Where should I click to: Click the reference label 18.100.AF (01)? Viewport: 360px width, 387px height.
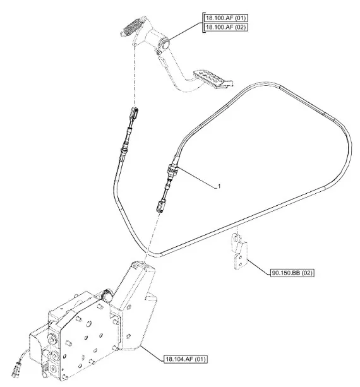[x=225, y=18]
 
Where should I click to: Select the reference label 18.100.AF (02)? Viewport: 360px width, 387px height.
[x=225, y=27]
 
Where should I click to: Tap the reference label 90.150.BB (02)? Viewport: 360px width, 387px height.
[x=292, y=273]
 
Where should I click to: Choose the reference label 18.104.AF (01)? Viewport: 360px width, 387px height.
[x=186, y=359]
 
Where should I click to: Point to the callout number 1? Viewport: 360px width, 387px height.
[x=219, y=186]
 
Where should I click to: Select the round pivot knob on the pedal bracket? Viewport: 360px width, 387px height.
[x=165, y=44]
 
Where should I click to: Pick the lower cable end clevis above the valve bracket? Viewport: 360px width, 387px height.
[x=160, y=206]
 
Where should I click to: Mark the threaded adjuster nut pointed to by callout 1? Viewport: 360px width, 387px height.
[x=172, y=170]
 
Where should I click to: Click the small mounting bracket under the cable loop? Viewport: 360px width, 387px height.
[x=239, y=251]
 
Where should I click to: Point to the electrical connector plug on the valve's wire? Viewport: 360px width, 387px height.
[x=16, y=369]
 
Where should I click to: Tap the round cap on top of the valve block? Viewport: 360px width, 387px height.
[x=107, y=295]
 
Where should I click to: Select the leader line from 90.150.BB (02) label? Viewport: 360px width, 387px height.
[x=258, y=266]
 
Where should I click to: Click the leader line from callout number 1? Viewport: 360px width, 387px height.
[x=196, y=177]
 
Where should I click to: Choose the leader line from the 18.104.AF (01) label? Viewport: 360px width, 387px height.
[x=152, y=352]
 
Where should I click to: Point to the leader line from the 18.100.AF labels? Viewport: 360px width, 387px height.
[x=186, y=32]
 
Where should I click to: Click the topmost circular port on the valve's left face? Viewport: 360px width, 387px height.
[x=52, y=338]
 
